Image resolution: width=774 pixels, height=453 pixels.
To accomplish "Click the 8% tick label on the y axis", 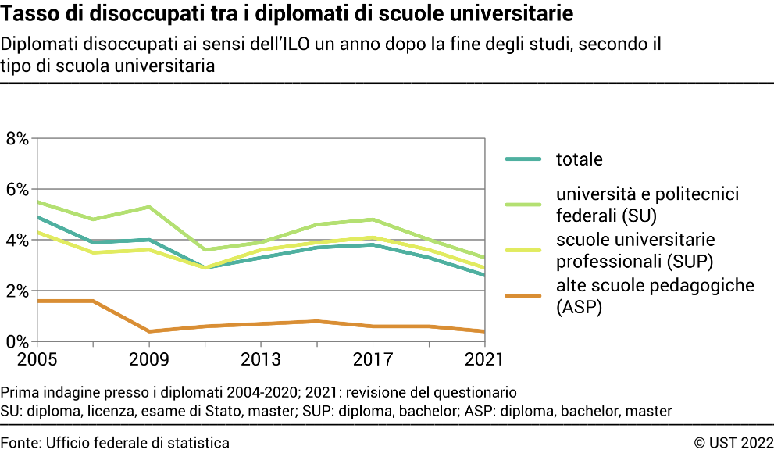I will click(x=16, y=139).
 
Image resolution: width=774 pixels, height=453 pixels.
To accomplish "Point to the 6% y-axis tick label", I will click(x=16, y=190).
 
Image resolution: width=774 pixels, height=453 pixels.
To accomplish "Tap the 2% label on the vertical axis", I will click(x=16, y=291).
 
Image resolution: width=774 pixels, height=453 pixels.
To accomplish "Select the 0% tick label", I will click(x=16, y=342).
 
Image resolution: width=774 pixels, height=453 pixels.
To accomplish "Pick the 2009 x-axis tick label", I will click(x=149, y=360).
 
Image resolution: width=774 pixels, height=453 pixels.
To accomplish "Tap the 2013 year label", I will click(x=261, y=360).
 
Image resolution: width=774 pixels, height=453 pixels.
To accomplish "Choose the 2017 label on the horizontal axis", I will click(x=373, y=360).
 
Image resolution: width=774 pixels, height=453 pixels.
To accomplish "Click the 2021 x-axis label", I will click(x=484, y=360).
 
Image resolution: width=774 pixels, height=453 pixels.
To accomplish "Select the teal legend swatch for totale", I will click(x=523, y=159).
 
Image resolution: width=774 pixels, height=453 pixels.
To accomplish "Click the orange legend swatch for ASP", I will click(x=523, y=296).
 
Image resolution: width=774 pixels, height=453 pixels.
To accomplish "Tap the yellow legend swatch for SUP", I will click(x=523, y=250).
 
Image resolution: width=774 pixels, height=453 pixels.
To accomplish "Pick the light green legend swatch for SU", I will click(x=523, y=204).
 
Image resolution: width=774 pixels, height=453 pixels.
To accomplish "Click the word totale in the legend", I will click(x=579, y=159).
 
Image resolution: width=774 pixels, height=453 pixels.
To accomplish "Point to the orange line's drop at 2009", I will click(x=149, y=331).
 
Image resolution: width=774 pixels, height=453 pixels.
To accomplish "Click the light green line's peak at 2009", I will click(x=149, y=207).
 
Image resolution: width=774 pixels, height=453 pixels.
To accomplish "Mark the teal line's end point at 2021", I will click(x=484, y=275).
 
